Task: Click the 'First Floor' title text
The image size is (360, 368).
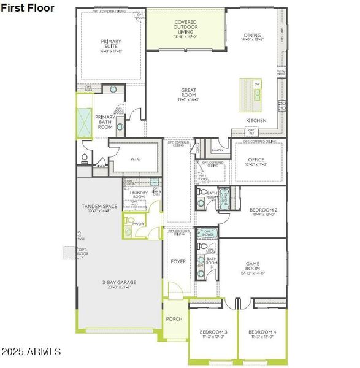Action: [x=28, y=8]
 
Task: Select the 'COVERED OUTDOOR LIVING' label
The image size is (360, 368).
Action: [x=185, y=28]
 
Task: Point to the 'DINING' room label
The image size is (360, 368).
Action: [x=252, y=36]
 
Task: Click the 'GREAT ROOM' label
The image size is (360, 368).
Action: [x=188, y=93]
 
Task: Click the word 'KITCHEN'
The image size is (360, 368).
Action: [x=256, y=120]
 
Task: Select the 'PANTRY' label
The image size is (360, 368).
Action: [x=216, y=149]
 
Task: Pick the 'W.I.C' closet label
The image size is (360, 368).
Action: [x=136, y=159]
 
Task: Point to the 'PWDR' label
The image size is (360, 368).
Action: [x=138, y=224]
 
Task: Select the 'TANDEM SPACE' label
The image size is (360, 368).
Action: [x=99, y=207]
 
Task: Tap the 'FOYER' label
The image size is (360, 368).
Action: [x=178, y=261]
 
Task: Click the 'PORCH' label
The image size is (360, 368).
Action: [x=174, y=319]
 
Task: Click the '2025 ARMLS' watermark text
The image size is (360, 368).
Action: [x=31, y=352]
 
